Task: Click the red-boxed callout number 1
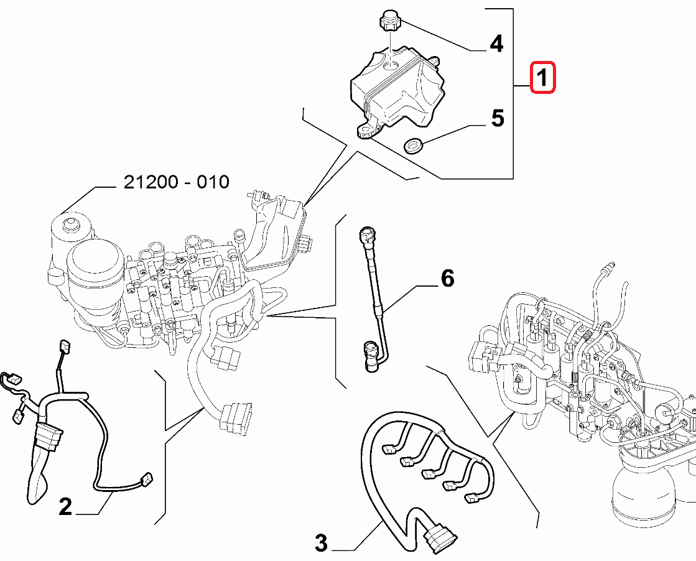coord(542,78)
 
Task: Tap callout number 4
coord(496,44)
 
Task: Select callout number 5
coord(498,118)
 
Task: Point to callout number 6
coord(447,278)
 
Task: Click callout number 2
coord(65,506)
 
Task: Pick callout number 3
coord(321,542)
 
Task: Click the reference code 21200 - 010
coord(176,182)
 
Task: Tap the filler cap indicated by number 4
coord(388,21)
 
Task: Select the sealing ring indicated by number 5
coord(414,145)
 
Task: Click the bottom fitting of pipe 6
coord(369,355)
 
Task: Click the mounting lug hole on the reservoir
coord(366,131)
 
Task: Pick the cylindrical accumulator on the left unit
coord(95,275)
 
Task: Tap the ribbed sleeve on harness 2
coord(47,437)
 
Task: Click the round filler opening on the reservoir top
coord(391,65)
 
